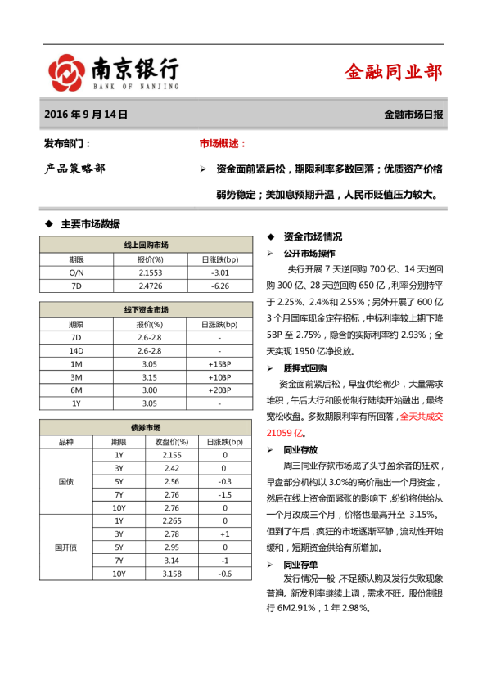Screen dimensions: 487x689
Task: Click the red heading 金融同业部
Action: [394, 73]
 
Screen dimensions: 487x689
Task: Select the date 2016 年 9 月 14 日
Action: [86, 115]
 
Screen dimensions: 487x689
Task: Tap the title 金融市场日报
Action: [413, 115]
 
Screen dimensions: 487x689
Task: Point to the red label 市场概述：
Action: [223, 144]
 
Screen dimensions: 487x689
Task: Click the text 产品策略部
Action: [74, 169]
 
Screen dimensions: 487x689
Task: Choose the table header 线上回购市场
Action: [147, 245]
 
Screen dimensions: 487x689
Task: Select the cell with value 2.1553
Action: [151, 272]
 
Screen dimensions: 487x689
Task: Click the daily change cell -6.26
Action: [219, 286]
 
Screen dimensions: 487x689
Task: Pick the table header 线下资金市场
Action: [147, 309]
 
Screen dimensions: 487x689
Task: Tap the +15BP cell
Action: [219, 363]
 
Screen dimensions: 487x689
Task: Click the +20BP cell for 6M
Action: [219, 390]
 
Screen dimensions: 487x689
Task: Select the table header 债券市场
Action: [147, 428]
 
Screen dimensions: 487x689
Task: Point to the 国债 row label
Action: [65, 481]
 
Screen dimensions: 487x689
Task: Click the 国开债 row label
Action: [65, 547]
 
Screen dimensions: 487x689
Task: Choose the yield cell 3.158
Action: [167, 574]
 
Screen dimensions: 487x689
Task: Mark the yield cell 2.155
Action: [167, 455]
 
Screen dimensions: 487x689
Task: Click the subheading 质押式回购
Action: [305, 368]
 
